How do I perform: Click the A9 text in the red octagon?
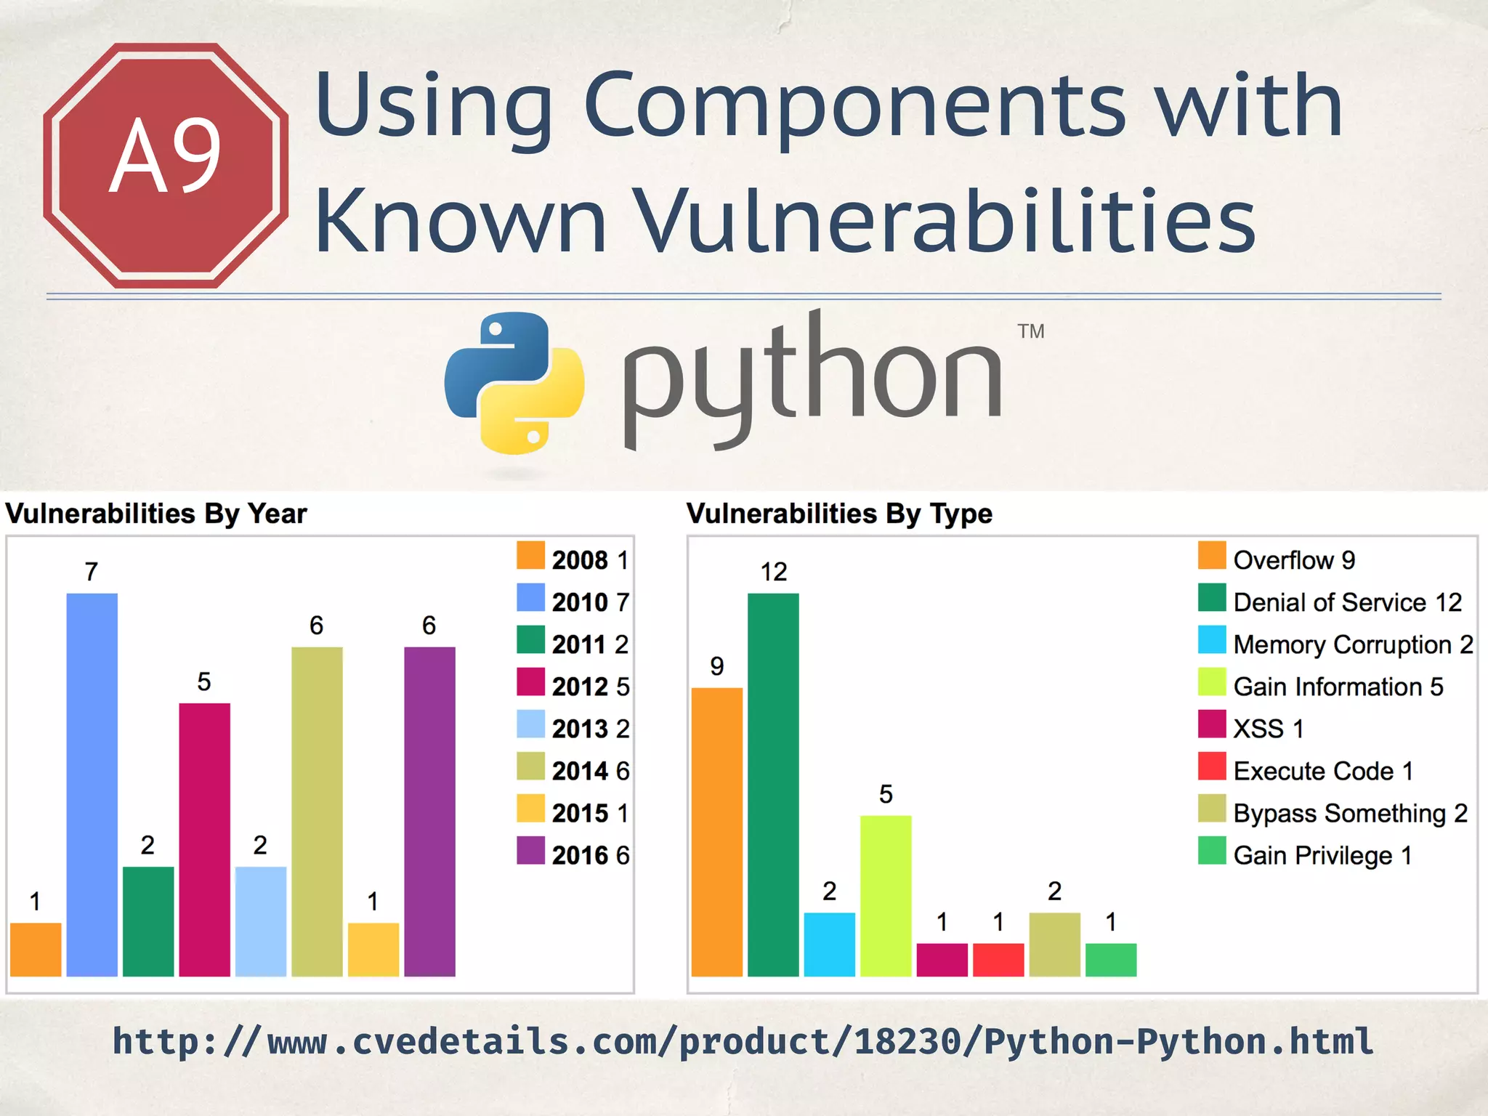(166, 155)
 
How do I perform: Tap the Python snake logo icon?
(514, 383)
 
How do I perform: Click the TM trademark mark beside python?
(1030, 331)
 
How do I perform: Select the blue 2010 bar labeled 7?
(92, 785)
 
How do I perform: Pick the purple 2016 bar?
(429, 811)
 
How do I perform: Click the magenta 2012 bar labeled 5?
(204, 839)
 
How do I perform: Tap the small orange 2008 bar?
(36, 949)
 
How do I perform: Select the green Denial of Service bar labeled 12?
(773, 785)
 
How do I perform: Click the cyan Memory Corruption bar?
(829, 944)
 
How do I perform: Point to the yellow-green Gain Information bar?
(886, 895)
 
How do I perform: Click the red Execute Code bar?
(998, 959)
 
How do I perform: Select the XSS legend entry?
(1251, 728)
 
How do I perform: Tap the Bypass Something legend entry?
(1333, 812)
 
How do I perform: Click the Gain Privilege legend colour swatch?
(1212, 851)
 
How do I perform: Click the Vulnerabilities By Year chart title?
(156, 514)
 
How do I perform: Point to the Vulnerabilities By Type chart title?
(839, 514)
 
